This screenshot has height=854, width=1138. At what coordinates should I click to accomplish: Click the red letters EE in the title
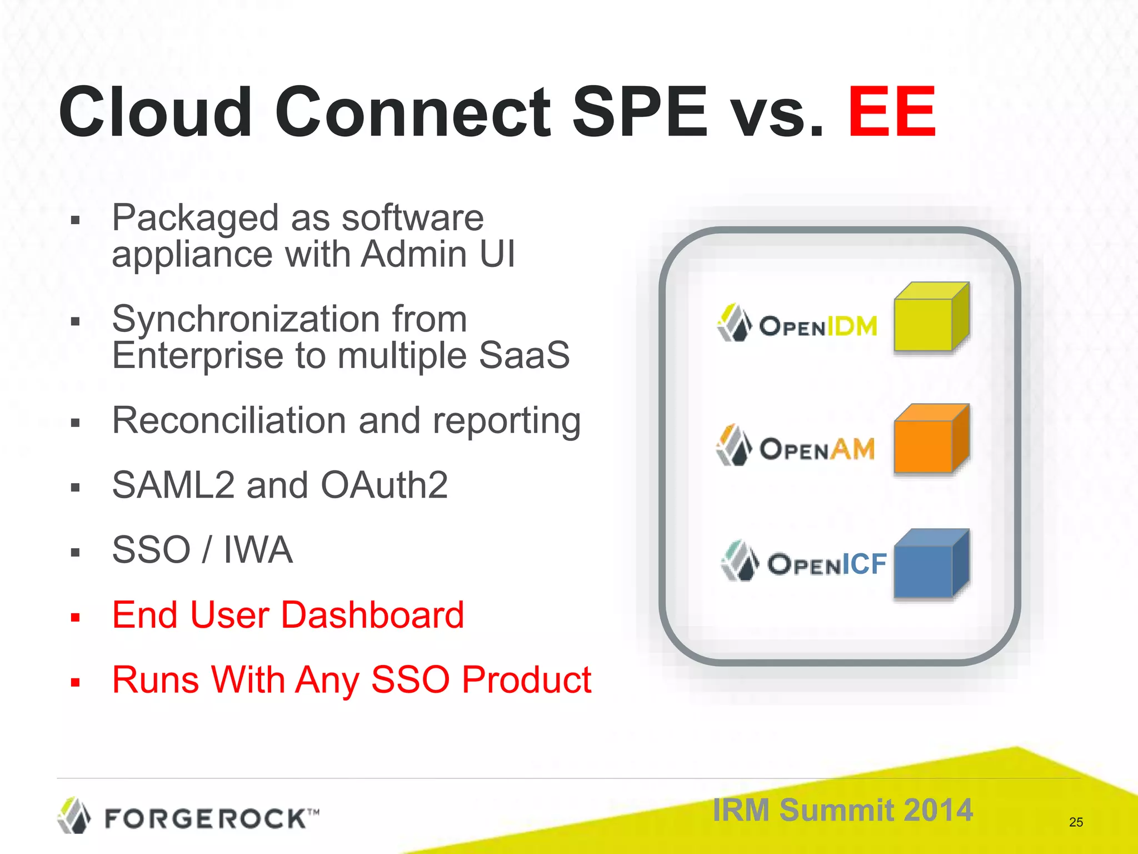pos(891,112)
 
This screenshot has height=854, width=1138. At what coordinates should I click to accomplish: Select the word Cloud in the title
pos(156,112)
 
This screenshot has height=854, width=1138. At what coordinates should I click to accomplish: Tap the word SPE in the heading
pos(640,112)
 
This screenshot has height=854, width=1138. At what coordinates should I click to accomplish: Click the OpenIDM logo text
pos(818,326)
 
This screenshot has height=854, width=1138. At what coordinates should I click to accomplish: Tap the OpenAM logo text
pos(817,449)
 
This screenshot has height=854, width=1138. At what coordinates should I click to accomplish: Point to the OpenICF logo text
pos(827,564)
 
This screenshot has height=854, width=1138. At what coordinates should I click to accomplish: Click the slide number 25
pos(1076,822)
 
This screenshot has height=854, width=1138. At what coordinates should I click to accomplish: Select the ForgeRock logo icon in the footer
pos(74,816)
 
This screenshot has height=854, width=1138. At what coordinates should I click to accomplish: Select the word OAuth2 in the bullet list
pos(384,485)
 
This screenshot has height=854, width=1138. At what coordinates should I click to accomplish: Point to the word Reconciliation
pos(228,420)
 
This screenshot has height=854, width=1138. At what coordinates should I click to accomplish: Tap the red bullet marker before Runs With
pos(76,682)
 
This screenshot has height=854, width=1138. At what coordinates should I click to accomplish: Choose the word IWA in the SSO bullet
pos(258,550)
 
